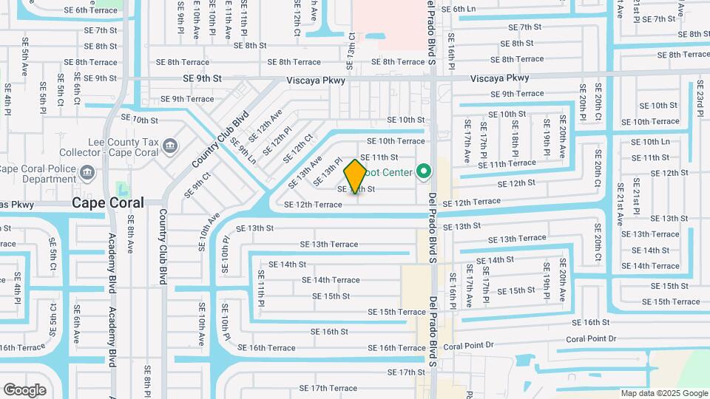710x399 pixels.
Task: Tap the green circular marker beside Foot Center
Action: point(424,173)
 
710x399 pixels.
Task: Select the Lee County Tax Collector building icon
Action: point(170,145)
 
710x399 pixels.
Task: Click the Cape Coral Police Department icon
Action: point(88,174)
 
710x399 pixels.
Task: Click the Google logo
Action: point(24,390)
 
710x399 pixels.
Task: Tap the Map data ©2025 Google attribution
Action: point(664,393)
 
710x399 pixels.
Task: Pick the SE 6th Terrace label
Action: point(91,10)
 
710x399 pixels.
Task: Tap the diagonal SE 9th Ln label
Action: point(243,151)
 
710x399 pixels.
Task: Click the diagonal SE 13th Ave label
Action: point(310,171)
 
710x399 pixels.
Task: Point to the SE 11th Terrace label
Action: point(507,163)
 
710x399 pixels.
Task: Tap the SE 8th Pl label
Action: point(148,380)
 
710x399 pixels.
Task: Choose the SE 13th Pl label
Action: point(328,171)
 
